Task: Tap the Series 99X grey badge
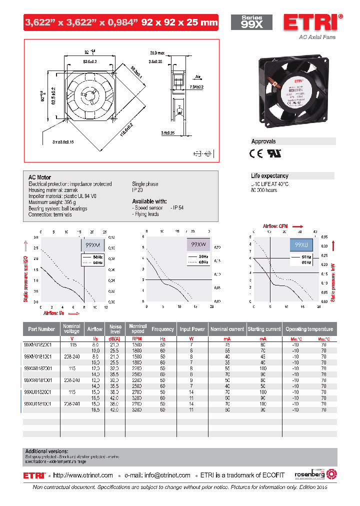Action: point(251,22)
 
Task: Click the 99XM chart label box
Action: point(93,245)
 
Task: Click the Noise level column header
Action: point(115,328)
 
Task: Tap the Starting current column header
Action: point(264,329)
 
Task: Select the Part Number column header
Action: point(41,329)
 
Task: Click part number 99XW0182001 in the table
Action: point(37,367)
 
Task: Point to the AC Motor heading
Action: point(39,177)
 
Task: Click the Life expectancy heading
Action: point(269,176)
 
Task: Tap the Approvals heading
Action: point(263,141)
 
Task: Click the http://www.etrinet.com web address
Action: point(83,475)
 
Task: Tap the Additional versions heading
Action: point(46,451)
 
